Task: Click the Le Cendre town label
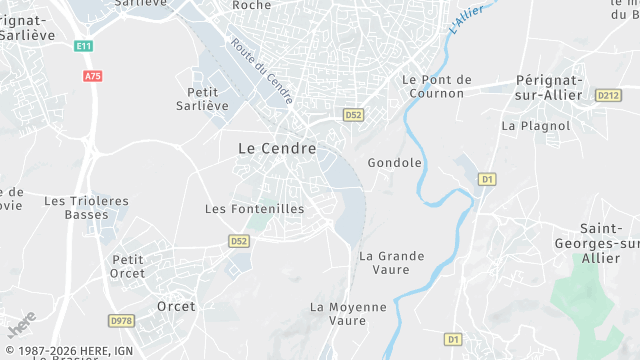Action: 277,148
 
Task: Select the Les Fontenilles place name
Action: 254,209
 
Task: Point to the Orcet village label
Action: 176,306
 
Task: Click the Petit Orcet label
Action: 128,266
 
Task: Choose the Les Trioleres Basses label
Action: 86,208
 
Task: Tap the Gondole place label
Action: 395,163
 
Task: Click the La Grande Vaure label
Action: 391,262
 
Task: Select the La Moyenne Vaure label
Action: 347,313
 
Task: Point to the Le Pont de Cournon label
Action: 436,86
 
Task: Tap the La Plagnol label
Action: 535,126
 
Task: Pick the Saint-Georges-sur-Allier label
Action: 594,243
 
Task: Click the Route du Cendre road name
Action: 261,71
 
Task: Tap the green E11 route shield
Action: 83,46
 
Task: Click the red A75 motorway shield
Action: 93,75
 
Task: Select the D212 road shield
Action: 607,95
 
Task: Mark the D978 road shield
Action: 121,320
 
